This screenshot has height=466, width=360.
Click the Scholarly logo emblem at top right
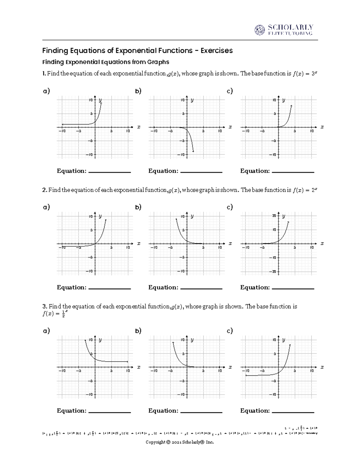(x=260, y=30)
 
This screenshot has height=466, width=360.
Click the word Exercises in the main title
(x=216, y=50)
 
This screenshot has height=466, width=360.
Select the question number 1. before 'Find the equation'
(x=44, y=74)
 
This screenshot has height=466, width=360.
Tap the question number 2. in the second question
(x=45, y=190)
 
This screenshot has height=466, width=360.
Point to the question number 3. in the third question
(x=45, y=306)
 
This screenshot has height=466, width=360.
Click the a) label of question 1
(x=46, y=91)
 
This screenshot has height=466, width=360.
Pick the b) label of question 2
(x=138, y=207)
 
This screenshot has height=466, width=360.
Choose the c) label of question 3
(x=230, y=331)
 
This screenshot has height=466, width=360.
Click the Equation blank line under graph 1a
(x=109, y=172)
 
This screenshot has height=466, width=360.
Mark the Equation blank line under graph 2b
(x=201, y=289)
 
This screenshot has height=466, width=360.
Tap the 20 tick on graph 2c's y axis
(x=274, y=216)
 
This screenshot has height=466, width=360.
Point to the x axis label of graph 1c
(x=322, y=127)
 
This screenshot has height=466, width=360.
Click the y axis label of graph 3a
(x=100, y=340)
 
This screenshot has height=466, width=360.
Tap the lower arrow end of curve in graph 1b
(x=193, y=152)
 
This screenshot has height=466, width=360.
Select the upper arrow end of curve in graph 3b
(x=173, y=342)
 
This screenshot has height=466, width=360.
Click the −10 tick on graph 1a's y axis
(x=89, y=155)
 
